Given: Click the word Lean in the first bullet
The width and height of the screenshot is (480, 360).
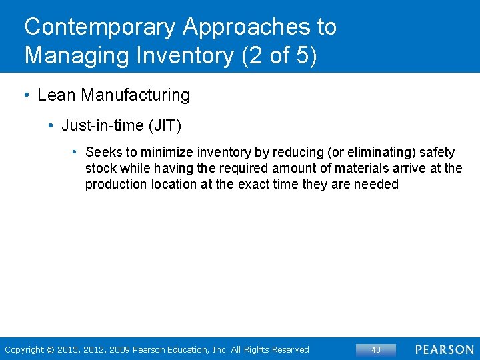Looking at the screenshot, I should (x=57, y=95).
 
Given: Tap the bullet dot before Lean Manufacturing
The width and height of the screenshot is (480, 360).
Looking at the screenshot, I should (x=26, y=95).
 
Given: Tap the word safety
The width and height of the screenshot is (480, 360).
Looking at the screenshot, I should (x=437, y=153).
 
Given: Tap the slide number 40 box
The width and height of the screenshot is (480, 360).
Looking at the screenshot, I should (x=375, y=349).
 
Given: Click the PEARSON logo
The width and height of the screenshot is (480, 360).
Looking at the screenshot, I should (x=445, y=349).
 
